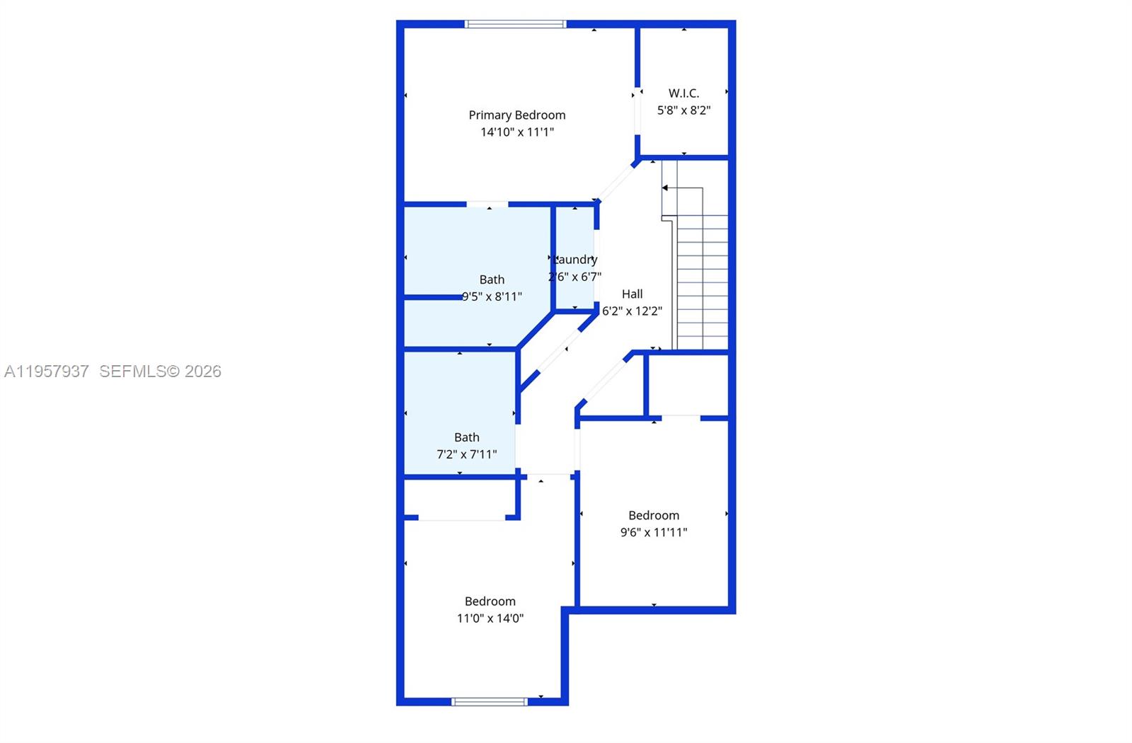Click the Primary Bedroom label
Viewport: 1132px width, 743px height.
(x=517, y=115)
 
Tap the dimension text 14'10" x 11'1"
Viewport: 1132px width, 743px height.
(x=517, y=132)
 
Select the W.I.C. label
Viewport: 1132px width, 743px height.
(x=683, y=93)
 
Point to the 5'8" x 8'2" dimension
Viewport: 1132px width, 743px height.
(x=683, y=110)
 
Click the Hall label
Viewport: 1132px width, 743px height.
(x=633, y=294)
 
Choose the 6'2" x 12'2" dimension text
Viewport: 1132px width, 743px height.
(x=633, y=311)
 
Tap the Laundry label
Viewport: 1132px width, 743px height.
(x=576, y=260)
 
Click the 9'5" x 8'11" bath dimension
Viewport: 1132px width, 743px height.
(x=492, y=297)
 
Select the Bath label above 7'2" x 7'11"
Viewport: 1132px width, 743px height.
(x=467, y=438)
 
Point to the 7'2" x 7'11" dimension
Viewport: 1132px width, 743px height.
(x=467, y=455)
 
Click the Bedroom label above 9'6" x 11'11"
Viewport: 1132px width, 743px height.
(x=654, y=516)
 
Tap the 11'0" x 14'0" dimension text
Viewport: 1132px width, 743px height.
(x=490, y=618)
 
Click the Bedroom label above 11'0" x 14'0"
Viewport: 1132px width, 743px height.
(x=490, y=601)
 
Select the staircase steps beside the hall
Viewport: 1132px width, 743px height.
(x=702, y=283)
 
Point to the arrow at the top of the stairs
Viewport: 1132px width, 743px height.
(x=666, y=188)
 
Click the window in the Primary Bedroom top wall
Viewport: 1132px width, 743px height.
(x=515, y=24)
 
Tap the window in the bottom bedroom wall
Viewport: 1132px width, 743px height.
(x=490, y=702)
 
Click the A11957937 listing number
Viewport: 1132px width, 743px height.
(x=47, y=371)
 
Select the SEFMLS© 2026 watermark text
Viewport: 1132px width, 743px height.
(x=160, y=371)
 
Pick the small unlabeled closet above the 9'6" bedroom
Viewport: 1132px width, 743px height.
(x=688, y=385)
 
